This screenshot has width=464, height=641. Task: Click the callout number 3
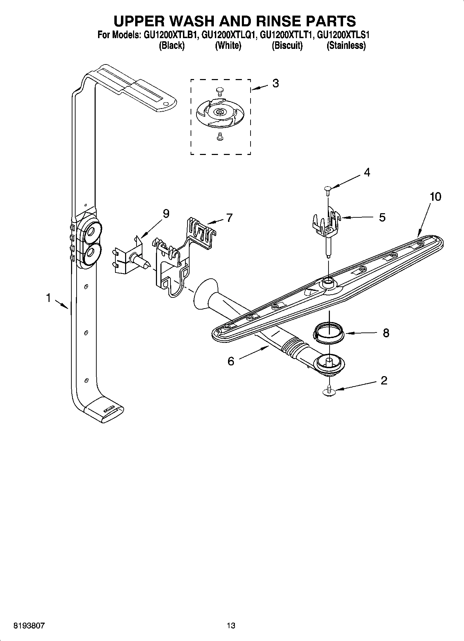(x=275, y=83)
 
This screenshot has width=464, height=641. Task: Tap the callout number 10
(x=435, y=197)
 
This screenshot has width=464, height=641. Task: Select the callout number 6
(x=231, y=361)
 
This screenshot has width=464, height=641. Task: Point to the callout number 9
(x=166, y=214)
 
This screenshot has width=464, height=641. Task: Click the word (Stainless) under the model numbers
(x=346, y=45)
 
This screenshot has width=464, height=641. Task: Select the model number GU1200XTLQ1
(x=228, y=35)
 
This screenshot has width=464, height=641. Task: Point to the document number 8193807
(x=29, y=625)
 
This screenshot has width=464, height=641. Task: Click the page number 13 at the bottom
(x=231, y=625)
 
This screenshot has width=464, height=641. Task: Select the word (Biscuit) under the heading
(x=287, y=45)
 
